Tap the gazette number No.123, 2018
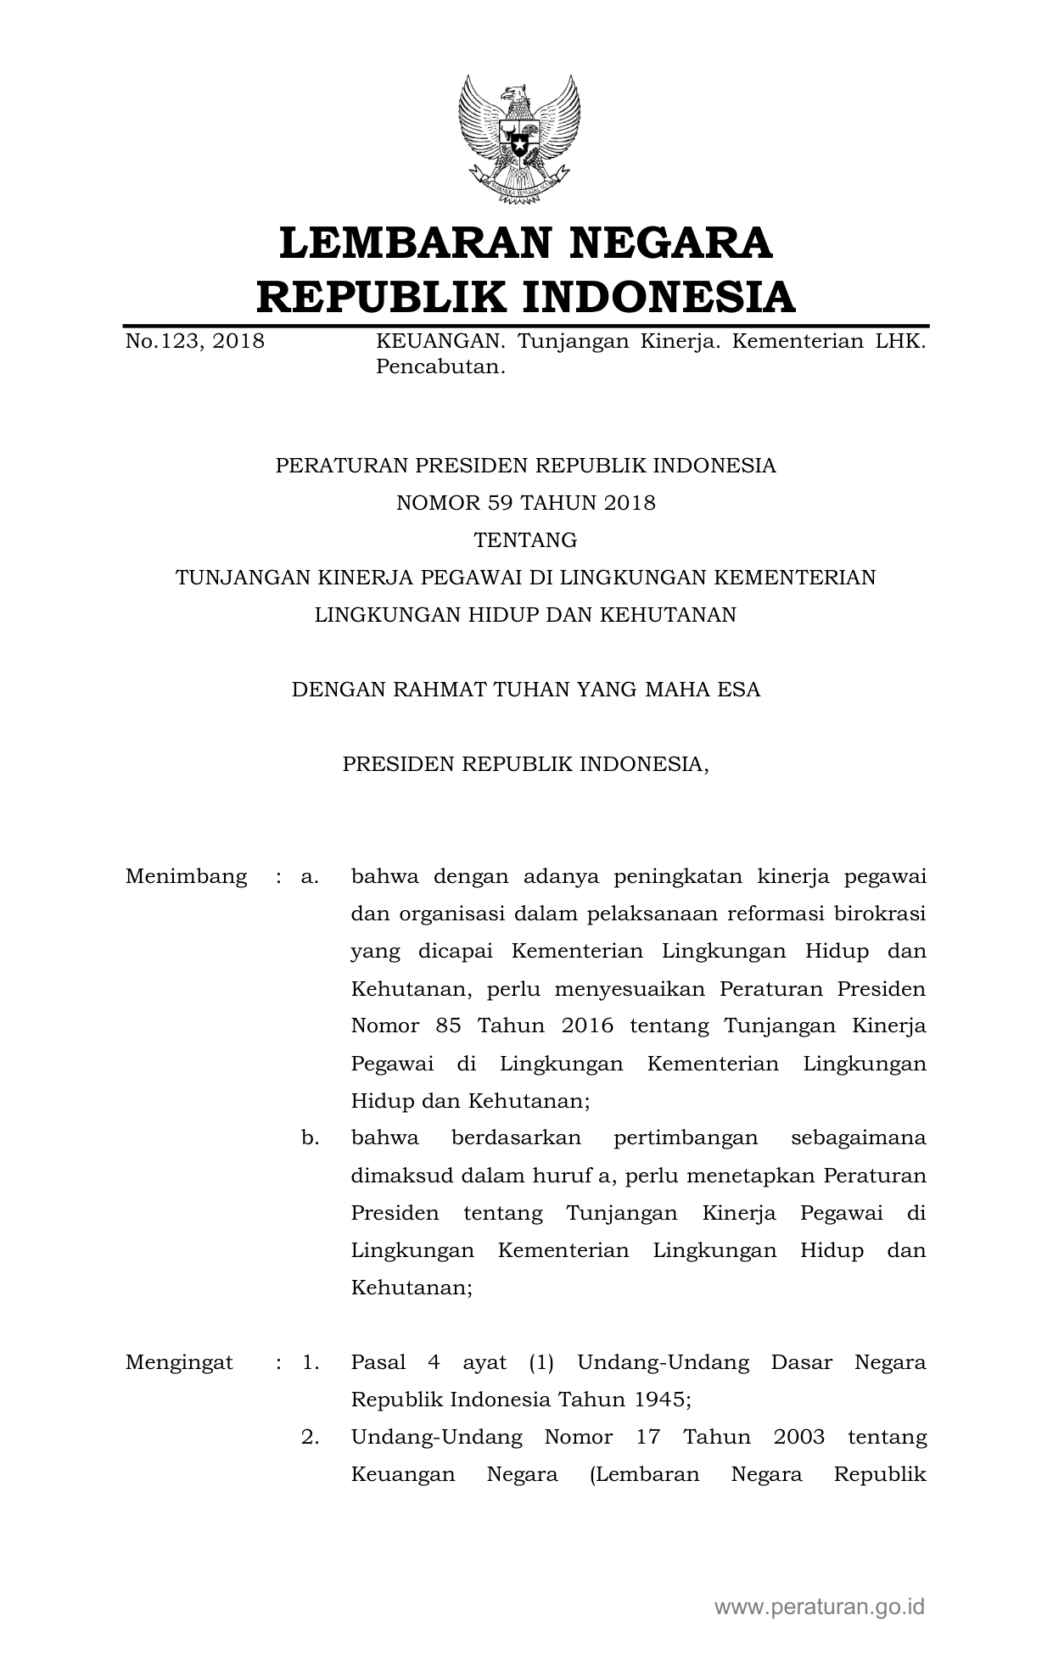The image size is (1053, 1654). [x=195, y=342]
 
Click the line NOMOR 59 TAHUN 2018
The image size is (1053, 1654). [x=526, y=503]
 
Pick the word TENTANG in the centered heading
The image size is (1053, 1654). [x=526, y=540]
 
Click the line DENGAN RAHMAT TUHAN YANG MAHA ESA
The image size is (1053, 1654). [x=526, y=690]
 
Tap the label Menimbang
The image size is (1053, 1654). [x=187, y=876]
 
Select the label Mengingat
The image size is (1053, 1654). [x=179, y=1363]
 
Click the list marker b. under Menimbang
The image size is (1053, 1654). [x=310, y=1138]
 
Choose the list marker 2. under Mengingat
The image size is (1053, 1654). [x=310, y=1438]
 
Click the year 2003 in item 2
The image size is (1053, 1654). [x=798, y=1438]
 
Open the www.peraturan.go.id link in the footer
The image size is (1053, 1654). [x=819, y=1606]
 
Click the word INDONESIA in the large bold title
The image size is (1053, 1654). [x=658, y=297]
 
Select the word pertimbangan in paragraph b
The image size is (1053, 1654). [x=686, y=1138]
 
